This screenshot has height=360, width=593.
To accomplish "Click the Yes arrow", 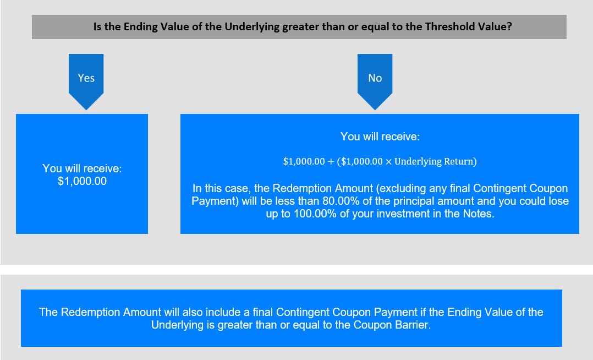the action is pyautogui.click(x=86, y=81).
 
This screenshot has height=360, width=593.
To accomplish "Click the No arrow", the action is pyautogui.click(x=375, y=81).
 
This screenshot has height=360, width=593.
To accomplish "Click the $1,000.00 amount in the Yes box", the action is pyautogui.click(x=82, y=181).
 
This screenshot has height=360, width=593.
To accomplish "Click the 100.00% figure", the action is pyautogui.click(x=315, y=214).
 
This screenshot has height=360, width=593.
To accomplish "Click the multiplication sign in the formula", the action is pyautogui.click(x=388, y=162).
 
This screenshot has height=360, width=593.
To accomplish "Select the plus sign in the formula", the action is pyautogui.click(x=331, y=162).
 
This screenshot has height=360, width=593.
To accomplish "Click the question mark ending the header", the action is pyautogui.click(x=509, y=26).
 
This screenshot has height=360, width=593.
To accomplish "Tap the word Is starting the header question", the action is pyautogui.click(x=97, y=26).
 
